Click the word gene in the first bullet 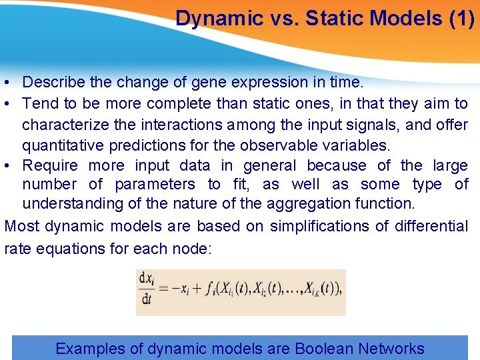point(209,83)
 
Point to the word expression point(268,83)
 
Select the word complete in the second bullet point(176,103)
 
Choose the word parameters point(155,185)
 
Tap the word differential point(431,226)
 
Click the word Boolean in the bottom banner point(324,349)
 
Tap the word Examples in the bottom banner point(90,349)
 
